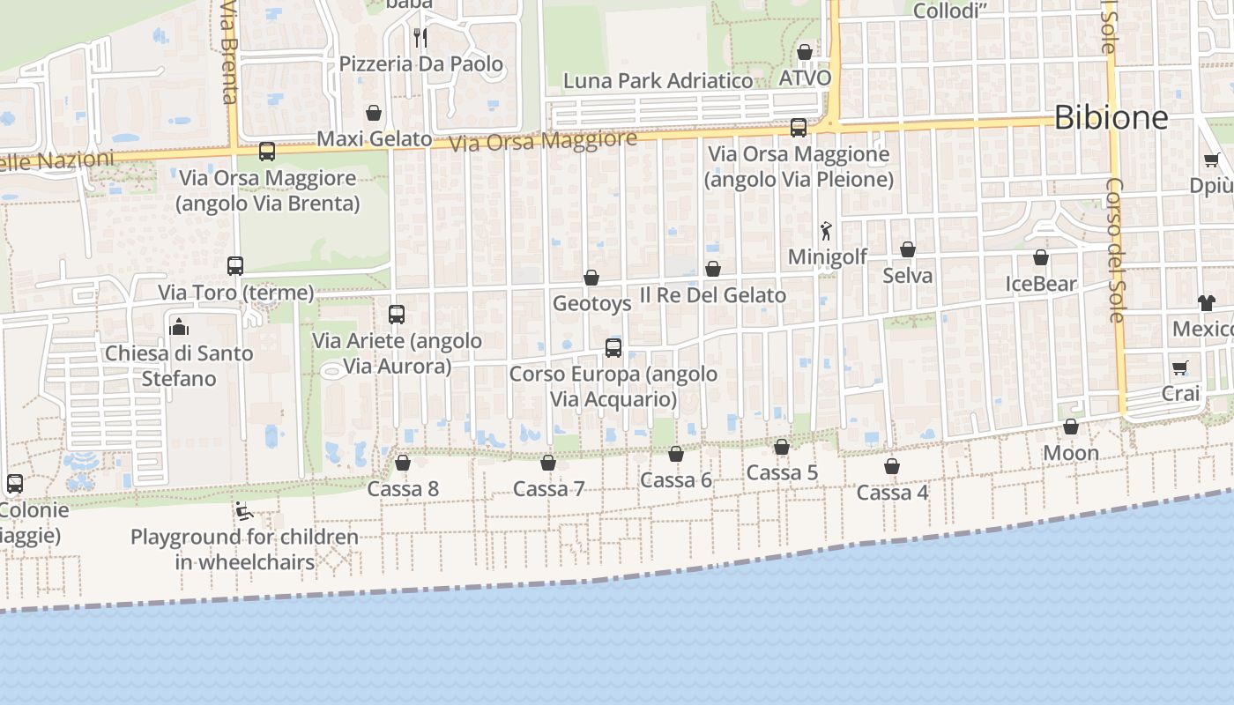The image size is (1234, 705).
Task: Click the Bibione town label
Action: tap(1111, 117)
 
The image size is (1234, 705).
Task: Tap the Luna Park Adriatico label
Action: tap(658, 81)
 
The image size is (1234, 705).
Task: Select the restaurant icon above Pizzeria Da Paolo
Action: tap(420, 37)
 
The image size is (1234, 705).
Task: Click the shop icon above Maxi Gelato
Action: tap(374, 113)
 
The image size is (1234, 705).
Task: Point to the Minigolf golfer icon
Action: tap(826, 231)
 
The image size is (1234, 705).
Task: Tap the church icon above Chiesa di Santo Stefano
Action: tap(179, 327)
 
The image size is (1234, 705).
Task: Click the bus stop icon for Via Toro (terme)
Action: tap(234, 265)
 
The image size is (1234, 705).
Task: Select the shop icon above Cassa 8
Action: tap(403, 463)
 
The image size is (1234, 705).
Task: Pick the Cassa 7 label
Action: tap(548, 489)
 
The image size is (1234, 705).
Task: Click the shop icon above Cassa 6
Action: tap(676, 454)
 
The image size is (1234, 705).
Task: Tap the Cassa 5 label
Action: tap(782, 473)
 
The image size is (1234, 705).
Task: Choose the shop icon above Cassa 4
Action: tap(892, 466)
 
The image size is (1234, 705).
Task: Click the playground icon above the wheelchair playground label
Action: tap(244, 511)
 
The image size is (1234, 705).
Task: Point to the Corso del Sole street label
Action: tap(1116, 250)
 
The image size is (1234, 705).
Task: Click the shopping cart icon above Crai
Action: tap(1180, 367)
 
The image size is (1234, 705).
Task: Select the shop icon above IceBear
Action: tap(1041, 258)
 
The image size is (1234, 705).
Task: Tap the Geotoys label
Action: tap(591, 304)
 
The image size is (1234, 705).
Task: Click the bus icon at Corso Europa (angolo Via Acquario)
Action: tap(613, 347)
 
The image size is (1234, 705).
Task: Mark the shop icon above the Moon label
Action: tap(1071, 427)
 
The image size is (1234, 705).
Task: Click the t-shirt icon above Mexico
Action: tap(1206, 303)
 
